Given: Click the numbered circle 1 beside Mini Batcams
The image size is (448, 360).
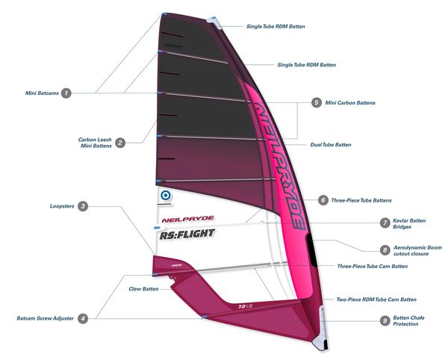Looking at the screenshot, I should (66, 93).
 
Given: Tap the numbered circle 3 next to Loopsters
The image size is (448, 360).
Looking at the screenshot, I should (83, 205).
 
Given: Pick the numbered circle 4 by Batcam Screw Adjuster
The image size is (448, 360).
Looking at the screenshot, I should (83, 318).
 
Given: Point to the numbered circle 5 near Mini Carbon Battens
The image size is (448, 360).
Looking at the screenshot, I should (317, 102).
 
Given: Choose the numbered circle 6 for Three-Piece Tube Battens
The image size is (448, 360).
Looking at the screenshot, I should (323, 200).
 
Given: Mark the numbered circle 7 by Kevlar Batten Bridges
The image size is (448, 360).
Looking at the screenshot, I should (385, 223).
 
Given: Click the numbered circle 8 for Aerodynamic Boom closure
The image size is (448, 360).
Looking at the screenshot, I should (385, 250).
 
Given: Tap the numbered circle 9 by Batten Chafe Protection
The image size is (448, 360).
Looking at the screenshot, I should (385, 320).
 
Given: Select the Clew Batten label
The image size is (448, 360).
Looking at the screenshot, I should (144, 288).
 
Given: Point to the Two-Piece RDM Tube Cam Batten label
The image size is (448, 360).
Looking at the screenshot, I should (374, 298).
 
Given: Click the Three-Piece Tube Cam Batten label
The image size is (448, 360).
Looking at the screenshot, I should (372, 266).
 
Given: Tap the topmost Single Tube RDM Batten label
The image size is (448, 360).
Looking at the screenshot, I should (276, 26).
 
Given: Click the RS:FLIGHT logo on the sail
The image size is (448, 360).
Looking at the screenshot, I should (187, 234).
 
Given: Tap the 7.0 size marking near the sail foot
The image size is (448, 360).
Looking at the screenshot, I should (242, 305).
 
